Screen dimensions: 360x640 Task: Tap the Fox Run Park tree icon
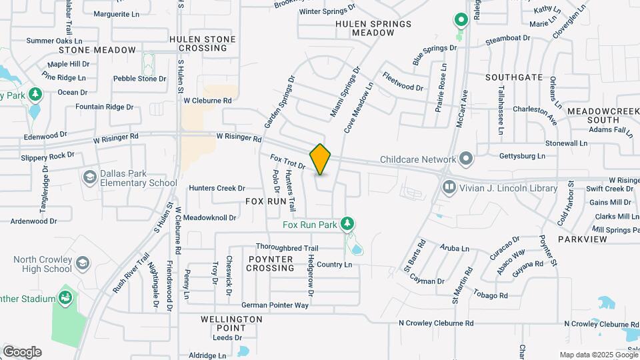pos(347,224)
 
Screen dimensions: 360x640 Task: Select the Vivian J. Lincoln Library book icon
pos(450,188)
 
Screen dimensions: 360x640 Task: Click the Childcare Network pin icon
pos(466,159)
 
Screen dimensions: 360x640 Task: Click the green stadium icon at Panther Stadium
pos(66,296)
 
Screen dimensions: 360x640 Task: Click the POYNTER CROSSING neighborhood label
pos(270,263)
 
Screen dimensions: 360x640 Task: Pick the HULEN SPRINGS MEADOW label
pos(364,27)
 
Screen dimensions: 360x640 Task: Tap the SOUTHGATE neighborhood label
pos(514,77)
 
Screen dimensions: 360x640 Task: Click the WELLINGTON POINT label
pos(231,324)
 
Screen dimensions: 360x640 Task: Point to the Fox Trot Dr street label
pos(287,161)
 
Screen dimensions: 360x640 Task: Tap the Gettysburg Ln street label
pos(523,155)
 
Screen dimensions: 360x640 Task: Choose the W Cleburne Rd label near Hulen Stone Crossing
pos(207,101)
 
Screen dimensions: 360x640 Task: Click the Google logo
pos(22,352)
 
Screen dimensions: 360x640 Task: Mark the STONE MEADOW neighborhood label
pos(97,50)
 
